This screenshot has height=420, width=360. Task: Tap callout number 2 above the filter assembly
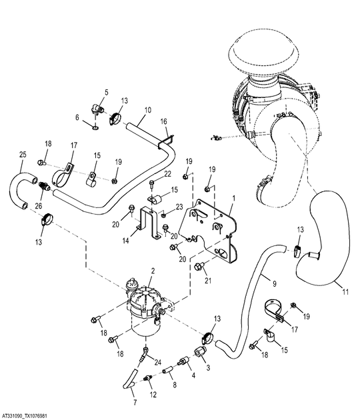click(153, 271)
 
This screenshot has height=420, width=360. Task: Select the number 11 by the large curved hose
click(346, 292)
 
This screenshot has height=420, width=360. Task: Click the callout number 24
click(158, 363)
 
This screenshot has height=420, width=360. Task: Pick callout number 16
click(163, 121)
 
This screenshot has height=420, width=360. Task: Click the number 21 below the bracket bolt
click(208, 281)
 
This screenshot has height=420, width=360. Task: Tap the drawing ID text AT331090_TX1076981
click(25, 417)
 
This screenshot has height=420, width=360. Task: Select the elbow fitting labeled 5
click(97, 109)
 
